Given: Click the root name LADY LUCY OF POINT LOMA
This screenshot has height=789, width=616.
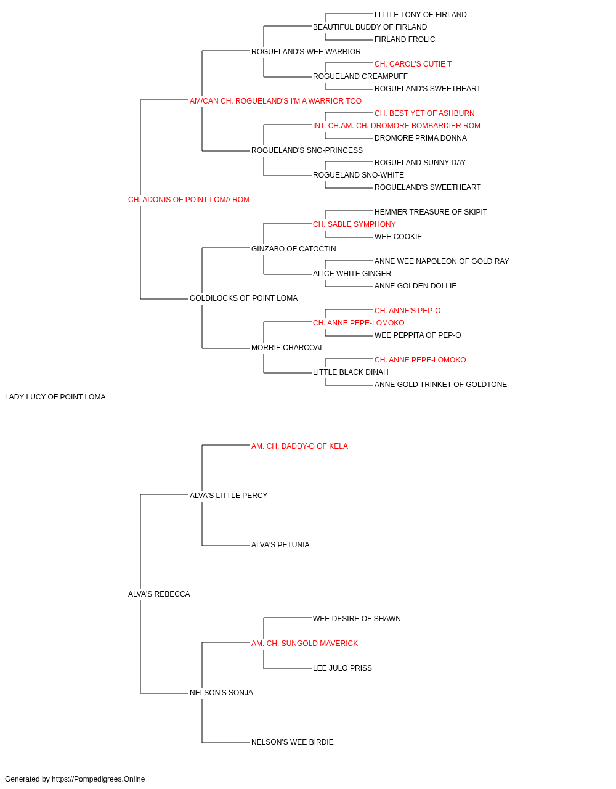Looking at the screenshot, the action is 55,397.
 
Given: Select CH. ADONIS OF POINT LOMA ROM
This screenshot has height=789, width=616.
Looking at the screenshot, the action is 188,200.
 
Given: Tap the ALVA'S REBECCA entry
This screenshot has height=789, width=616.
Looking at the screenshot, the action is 159,594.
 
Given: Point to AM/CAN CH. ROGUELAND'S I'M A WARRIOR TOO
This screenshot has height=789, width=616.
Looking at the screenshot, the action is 275,101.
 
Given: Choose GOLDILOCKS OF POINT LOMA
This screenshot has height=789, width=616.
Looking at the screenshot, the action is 243,298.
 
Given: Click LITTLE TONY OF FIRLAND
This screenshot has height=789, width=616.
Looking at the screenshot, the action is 421,15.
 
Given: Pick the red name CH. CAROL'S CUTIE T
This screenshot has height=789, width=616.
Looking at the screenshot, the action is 413,64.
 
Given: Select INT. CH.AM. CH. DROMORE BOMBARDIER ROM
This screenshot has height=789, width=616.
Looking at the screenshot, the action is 397,126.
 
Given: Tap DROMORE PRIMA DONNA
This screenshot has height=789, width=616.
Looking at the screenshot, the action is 421,138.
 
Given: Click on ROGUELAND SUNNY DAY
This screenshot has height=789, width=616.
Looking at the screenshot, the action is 420,163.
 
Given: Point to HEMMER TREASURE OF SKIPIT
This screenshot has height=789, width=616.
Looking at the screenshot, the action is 431,211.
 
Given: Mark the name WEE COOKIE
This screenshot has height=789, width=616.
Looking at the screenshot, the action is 398,236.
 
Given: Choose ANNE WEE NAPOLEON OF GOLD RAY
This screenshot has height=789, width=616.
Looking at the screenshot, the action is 442,261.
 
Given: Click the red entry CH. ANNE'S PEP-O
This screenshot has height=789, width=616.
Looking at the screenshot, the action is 407,311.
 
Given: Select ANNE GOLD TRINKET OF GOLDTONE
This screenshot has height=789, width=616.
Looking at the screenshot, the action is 440,385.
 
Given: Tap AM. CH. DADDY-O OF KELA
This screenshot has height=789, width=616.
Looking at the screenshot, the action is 299,446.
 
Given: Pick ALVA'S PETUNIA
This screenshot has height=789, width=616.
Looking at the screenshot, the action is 280,545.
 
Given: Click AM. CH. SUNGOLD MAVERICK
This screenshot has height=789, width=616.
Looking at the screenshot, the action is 304,644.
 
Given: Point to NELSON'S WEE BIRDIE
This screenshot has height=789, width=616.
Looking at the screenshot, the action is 293,742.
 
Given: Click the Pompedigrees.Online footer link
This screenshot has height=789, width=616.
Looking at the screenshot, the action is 99,779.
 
